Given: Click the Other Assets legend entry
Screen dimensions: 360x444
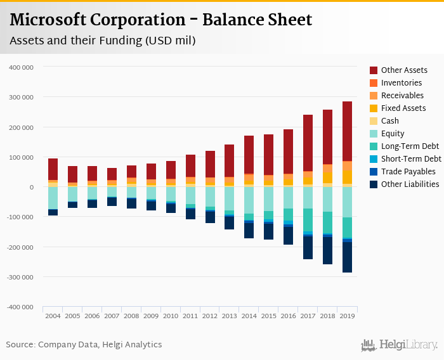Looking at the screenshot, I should pos(404,70).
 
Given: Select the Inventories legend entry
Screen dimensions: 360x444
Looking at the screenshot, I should pos(402,83).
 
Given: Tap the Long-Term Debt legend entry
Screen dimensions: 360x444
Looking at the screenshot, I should pos(409,146).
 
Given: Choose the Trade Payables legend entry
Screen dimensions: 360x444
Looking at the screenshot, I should pos(408,172).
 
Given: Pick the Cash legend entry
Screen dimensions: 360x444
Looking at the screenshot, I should pos(390,121).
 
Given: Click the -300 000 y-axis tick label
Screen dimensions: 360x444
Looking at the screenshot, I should pos(22,277).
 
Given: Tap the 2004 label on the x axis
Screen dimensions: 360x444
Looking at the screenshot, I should pos(53,316).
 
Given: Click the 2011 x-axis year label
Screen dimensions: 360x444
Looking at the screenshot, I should pos(191,316).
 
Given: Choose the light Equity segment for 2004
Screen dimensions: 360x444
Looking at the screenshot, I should pos(53,198).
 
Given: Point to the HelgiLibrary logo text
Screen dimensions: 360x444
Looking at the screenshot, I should pos(406,345).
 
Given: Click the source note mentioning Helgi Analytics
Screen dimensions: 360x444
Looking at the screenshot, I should pos(84,345).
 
